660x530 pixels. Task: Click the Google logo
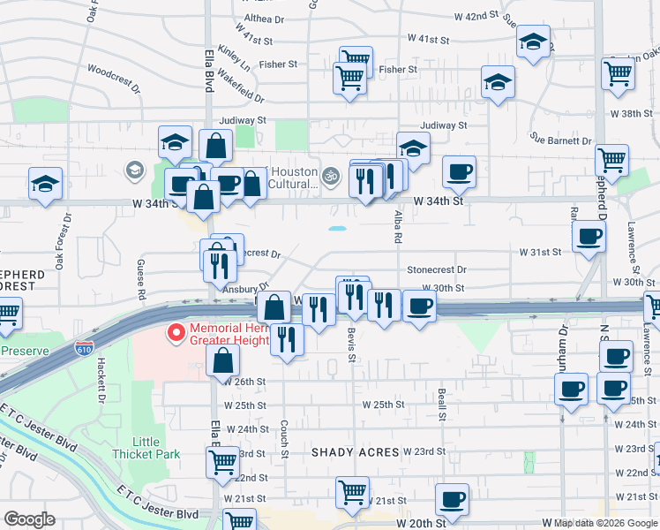click(29, 519)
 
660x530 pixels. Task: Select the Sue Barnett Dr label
click(560, 140)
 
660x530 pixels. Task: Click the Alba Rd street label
click(397, 227)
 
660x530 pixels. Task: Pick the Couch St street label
click(284, 432)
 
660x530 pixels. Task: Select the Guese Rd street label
click(140, 272)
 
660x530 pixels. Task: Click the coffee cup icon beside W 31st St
click(589, 236)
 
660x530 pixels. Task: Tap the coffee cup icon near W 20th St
click(453, 499)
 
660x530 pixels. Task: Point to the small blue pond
click(337, 229)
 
